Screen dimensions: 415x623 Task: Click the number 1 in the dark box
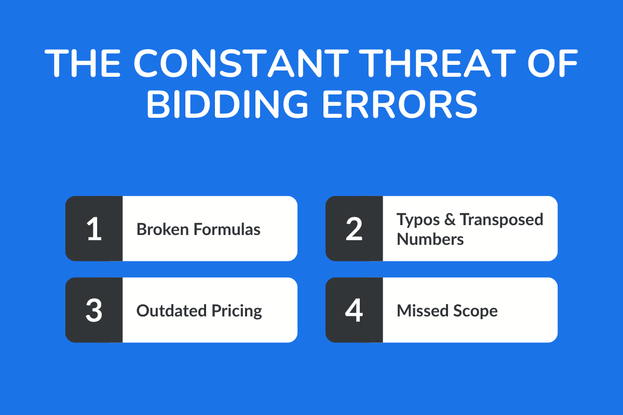coord(94,229)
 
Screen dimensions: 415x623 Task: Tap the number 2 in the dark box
coord(354,229)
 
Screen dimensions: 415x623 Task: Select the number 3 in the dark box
coord(94,310)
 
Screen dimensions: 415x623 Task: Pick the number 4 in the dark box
coord(354,310)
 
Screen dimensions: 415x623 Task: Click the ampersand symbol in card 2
coord(450,219)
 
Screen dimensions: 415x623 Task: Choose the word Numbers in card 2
coord(430,239)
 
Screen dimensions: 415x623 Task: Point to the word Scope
coord(474,311)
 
